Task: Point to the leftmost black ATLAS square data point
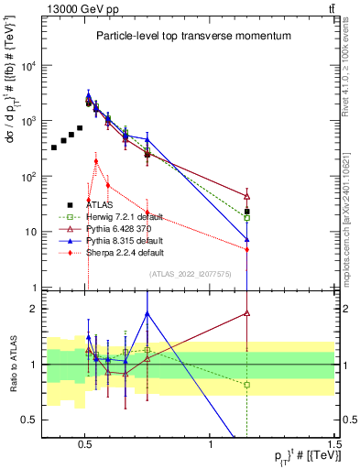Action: click(54, 147)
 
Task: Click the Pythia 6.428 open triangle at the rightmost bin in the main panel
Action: click(246, 195)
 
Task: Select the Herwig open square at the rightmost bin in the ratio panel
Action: click(246, 385)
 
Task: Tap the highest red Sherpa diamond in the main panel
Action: click(96, 161)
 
